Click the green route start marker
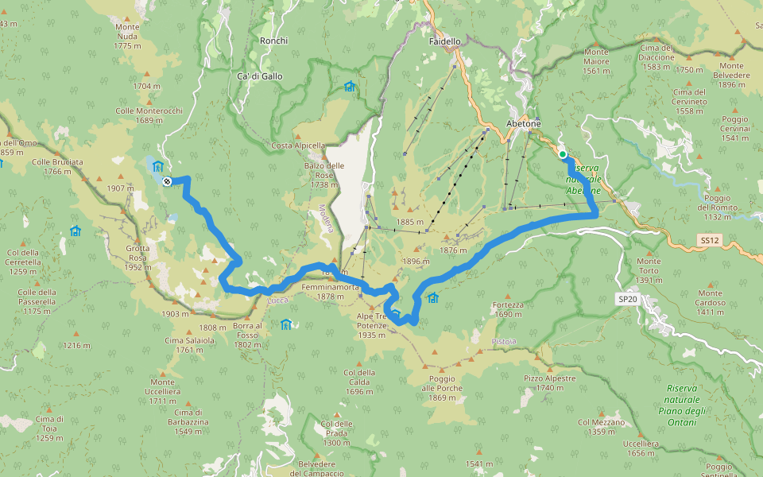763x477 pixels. (x=563, y=154)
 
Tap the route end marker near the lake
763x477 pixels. (x=167, y=181)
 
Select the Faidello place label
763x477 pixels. (x=444, y=41)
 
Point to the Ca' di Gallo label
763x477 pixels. (x=259, y=76)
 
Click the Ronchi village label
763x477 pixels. (x=273, y=41)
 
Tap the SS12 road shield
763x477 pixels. (x=709, y=238)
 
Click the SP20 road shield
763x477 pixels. (x=627, y=299)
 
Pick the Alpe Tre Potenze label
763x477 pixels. (x=371, y=320)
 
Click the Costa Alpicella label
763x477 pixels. (x=298, y=145)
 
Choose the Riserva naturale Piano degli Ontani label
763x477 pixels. (x=682, y=405)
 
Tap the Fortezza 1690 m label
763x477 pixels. (x=508, y=309)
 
